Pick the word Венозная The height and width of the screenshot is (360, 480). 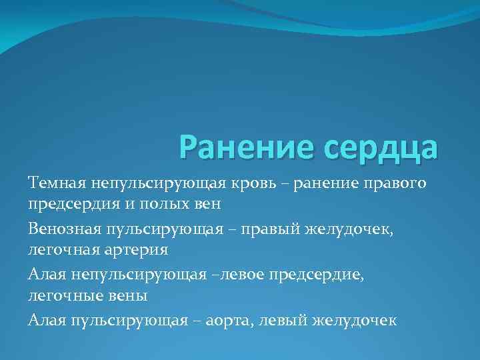(64, 229)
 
